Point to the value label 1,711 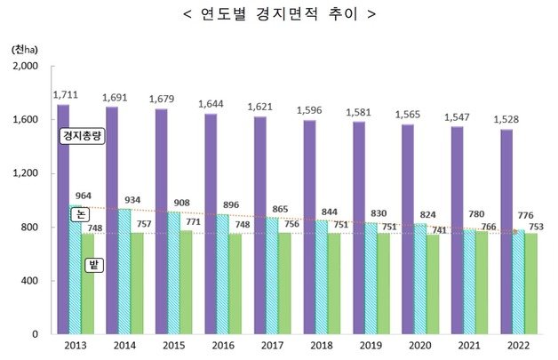(x=68, y=93)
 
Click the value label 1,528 (x=511, y=118)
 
